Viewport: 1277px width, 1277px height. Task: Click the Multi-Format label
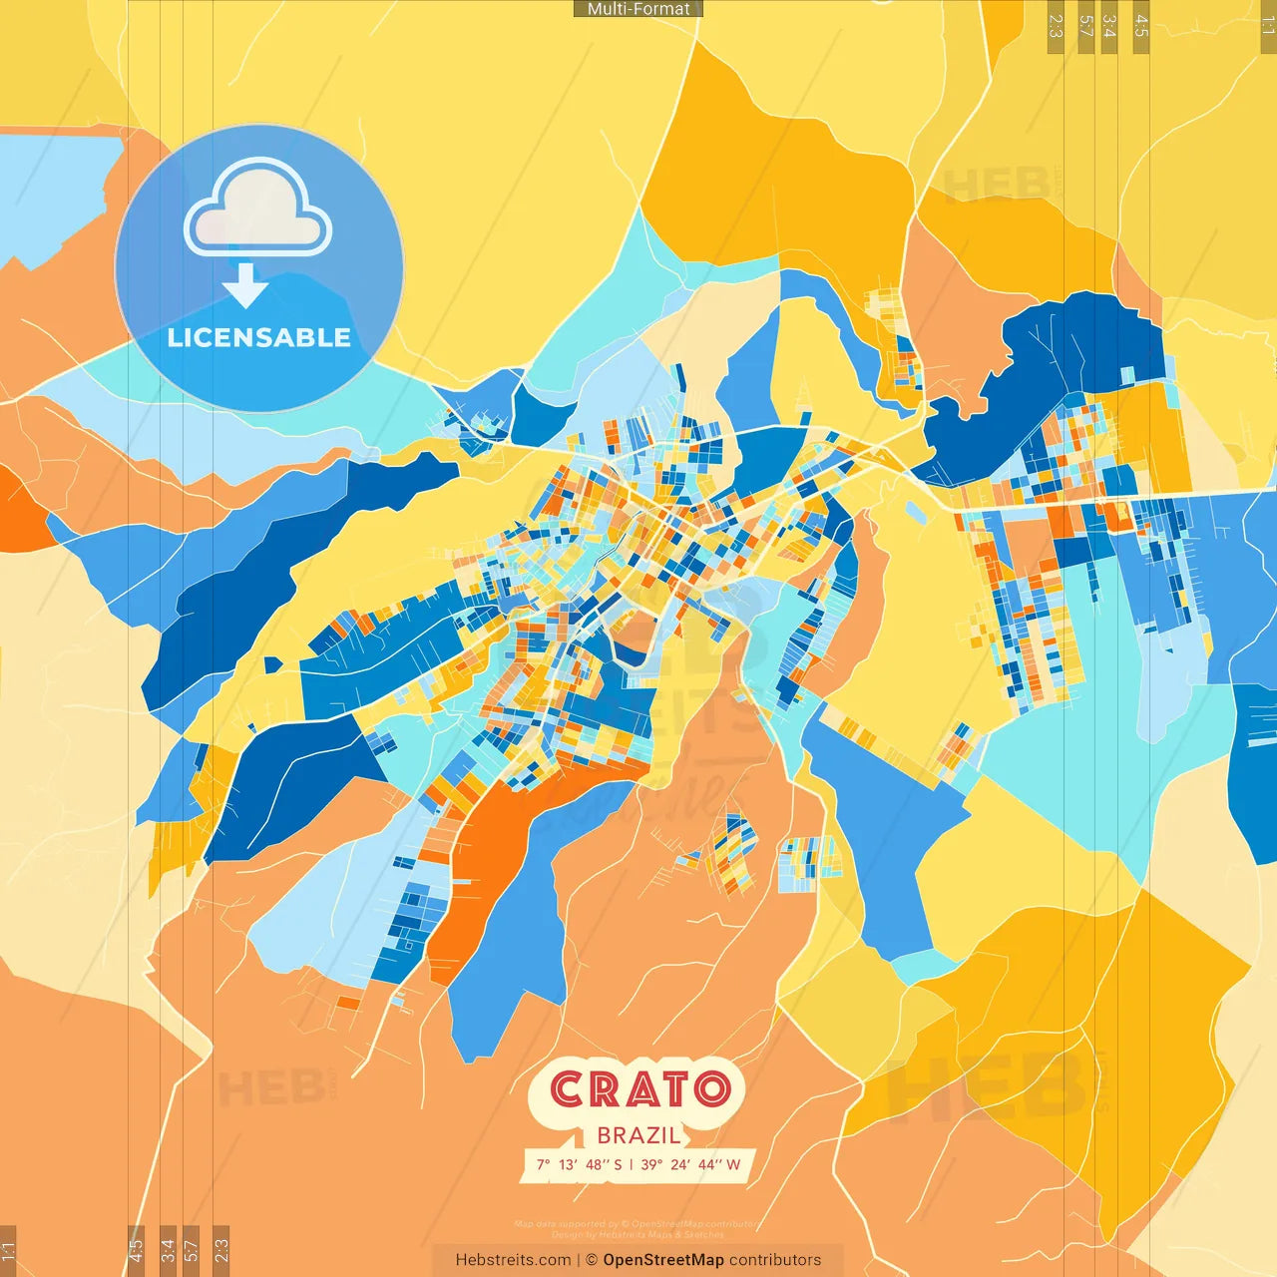coord(638,9)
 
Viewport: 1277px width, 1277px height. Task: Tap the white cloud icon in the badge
coord(257,212)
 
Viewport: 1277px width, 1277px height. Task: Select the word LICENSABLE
coord(259,337)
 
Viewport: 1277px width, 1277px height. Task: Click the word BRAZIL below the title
coord(638,1135)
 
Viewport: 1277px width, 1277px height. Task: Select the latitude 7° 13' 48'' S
coord(579,1164)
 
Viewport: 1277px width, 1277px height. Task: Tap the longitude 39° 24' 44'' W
coord(690,1164)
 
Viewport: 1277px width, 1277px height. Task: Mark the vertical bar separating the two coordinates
coord(631,1164)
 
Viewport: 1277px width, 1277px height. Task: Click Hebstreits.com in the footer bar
coord(513,1260)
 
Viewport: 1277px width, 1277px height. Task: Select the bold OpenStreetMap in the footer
coord(663,1260)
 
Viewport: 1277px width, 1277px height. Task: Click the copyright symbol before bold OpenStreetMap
coord(592,1260)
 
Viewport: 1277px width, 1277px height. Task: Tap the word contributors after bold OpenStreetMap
coord(775,1260)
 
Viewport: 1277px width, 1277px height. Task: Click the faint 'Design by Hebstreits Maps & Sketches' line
coord(638,1235)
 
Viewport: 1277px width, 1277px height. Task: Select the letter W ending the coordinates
coord(733,1164)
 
